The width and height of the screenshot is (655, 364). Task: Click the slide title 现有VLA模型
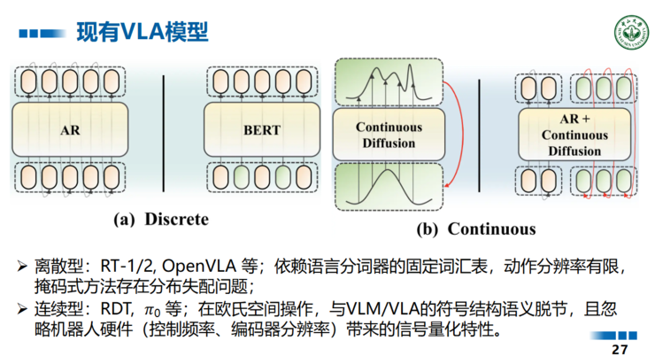tap(142, 33)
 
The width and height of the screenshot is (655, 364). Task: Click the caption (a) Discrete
tap(159, 218)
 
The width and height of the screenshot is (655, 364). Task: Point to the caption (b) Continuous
tap(476, 229)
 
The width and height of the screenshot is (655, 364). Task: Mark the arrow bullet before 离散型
tap(22, 266)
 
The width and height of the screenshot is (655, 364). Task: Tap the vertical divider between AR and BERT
tap(166, 133)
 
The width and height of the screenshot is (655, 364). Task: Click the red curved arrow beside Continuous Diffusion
tap(450, 133)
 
